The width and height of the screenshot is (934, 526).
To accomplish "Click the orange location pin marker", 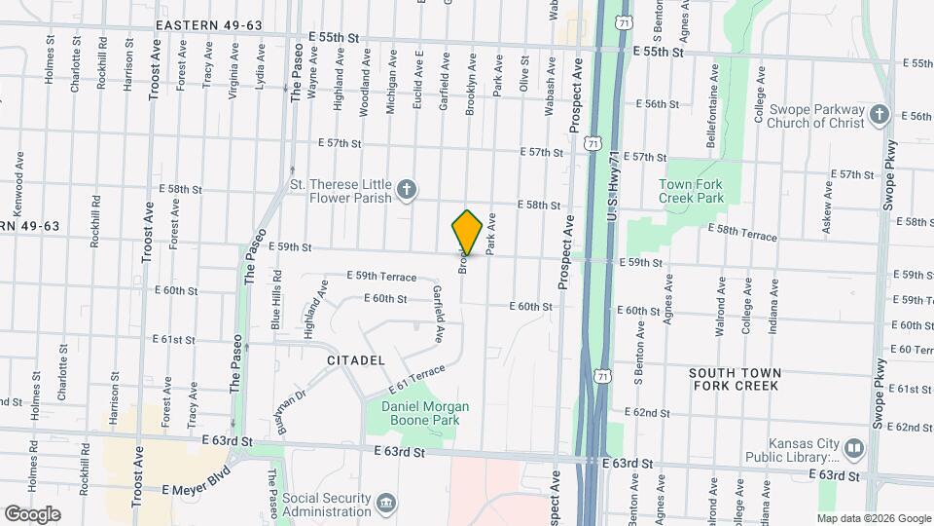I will [467, 233].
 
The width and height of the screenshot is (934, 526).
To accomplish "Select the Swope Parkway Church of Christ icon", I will [880, 115].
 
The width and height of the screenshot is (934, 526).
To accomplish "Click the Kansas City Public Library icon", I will [854, 448].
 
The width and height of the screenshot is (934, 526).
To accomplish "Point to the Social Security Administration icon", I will [387, 504].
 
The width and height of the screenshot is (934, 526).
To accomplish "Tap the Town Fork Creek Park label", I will [691, 190].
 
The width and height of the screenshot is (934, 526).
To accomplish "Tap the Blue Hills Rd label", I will [276, 311].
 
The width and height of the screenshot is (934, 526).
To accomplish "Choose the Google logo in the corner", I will [32, 513].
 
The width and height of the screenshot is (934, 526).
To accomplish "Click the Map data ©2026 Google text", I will [873, 518].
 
